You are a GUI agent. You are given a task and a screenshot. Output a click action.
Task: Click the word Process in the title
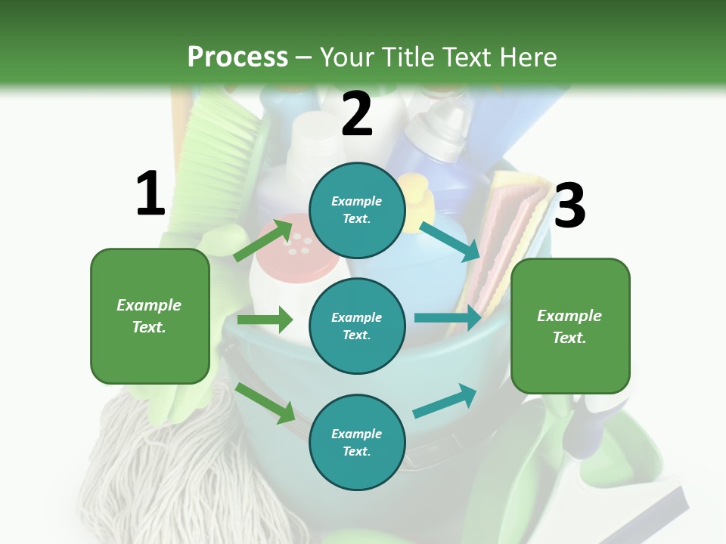237,57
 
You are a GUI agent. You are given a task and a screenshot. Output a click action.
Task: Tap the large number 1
150,193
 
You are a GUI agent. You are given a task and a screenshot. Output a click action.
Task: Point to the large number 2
357,114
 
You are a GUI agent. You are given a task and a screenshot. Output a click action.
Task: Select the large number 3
569,206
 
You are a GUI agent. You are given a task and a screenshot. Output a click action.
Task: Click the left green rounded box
150,316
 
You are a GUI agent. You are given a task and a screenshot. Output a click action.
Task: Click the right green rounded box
570,326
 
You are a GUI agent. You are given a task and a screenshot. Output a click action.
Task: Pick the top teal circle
357,210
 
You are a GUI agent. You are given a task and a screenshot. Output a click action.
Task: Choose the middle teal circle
357,326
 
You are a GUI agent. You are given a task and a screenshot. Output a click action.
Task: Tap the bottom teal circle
357,442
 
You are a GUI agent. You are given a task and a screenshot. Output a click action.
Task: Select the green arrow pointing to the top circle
264,239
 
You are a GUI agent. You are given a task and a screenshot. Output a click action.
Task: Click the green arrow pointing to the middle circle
265,320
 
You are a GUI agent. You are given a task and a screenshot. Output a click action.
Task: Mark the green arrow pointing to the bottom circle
265,403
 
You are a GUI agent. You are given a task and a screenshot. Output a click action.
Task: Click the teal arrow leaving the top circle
449,241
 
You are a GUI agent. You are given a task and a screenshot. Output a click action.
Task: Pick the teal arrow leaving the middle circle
448,317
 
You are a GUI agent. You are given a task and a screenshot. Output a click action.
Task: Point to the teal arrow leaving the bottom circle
445,400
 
